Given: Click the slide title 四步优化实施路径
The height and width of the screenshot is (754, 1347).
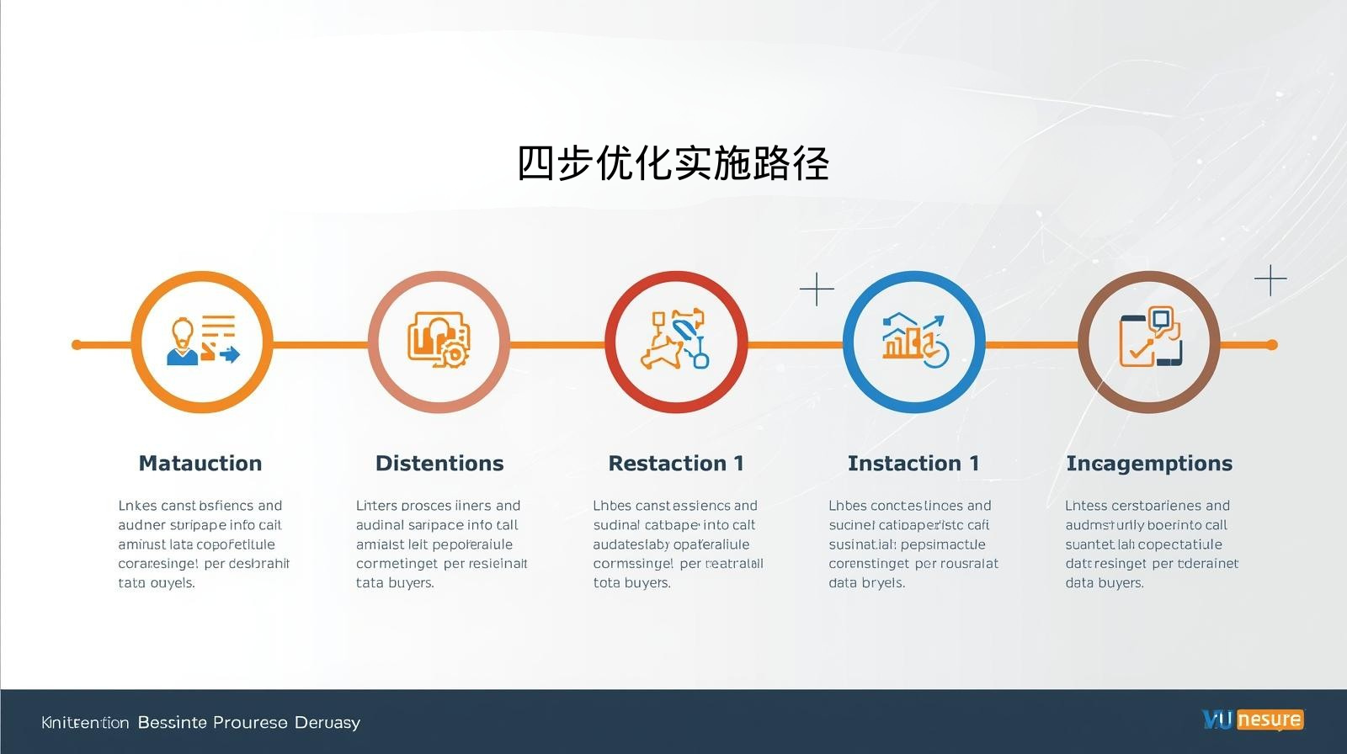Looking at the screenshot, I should point(673,163).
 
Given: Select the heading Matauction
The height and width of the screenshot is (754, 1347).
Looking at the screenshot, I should point(200,464).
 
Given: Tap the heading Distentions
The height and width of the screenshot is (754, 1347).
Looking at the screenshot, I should point(439,464).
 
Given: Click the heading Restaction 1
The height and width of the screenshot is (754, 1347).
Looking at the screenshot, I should point(676,464).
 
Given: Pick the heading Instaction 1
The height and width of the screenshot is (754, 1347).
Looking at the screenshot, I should point(913,464).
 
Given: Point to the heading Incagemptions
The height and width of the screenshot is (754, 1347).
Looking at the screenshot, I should point(1149,464).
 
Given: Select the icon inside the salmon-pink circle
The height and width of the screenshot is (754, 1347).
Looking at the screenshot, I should point(439,341).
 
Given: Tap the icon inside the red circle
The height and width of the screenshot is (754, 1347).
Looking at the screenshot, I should point(676,341).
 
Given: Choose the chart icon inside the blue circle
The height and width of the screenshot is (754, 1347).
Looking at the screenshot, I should point(914,341).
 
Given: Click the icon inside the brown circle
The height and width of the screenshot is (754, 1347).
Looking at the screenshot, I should point(1150,338).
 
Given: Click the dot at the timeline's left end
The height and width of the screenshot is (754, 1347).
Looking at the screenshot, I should point(77,344).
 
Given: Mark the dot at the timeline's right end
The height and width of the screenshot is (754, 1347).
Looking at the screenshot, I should point(1272,344).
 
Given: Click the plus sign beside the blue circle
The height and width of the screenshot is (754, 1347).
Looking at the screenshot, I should point(817,289).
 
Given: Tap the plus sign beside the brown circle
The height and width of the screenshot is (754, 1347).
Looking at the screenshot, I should point(1270,280).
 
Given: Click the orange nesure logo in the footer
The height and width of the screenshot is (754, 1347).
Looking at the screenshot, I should point(1270,720).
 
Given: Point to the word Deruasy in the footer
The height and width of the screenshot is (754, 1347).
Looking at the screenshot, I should point(327,723).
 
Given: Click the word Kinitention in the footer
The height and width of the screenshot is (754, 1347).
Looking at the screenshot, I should point(85,723).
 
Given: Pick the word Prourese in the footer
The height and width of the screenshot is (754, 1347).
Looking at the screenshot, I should point(250,723).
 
